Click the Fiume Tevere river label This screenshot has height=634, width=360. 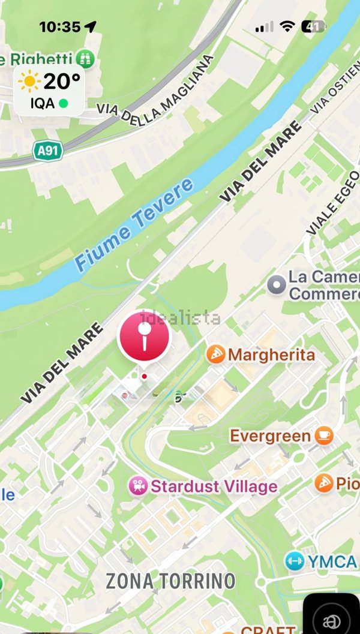point(134,223)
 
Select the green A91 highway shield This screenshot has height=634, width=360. point(48,149)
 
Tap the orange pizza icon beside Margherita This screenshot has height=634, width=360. point(215,354)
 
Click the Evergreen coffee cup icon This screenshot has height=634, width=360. point(324,435)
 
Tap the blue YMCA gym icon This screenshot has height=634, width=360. point(295,561)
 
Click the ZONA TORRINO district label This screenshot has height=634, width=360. point(171,581)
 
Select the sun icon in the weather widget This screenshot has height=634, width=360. point(29,81)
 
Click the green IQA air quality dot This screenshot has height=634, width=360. point(63,103)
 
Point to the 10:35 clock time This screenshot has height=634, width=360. point(59,27)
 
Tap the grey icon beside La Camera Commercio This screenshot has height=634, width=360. point(276,285)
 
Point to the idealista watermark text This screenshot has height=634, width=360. point(181,318)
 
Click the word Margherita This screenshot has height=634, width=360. point(271,354)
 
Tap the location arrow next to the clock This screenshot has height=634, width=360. point(91,26)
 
